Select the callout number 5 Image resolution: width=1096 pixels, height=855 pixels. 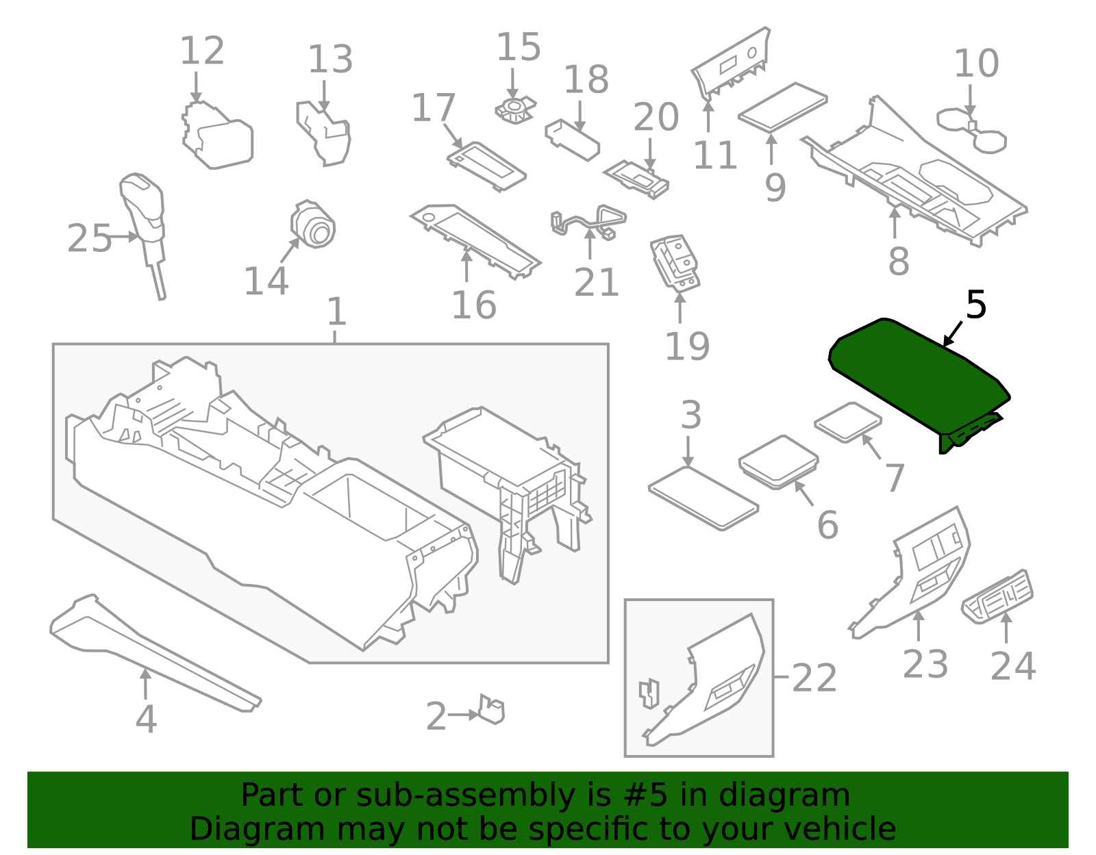point(975,305)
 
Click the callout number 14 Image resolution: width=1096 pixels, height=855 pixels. point(266,281)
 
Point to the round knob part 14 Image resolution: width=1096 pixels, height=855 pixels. point(314,225)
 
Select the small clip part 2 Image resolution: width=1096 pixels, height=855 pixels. point(492,710)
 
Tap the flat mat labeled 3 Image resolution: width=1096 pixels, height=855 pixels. point(703,498)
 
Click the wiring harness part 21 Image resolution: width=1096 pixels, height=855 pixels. point(589,220)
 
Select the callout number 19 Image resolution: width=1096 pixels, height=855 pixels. point(687,346)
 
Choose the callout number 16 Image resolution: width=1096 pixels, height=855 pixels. point(473,305)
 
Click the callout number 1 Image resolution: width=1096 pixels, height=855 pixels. point(336,312)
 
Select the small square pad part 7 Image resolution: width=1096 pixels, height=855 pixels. point(847,422)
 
